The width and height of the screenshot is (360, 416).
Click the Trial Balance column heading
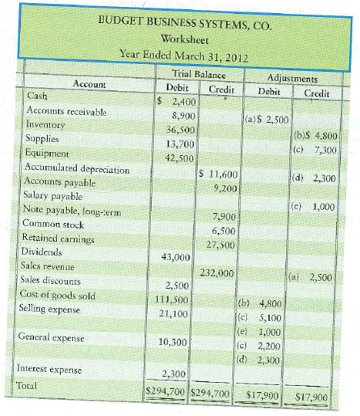click(x=198, y=75)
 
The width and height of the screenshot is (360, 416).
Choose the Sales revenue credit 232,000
click(x=217, y=272)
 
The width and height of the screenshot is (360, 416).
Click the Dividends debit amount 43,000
click(x=174, y=256)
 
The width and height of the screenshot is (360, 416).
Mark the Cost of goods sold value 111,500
click(x=173, y=299)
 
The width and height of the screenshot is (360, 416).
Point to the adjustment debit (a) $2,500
click(x=266, y=120)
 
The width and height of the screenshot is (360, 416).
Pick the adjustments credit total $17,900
click(x=310, y=399)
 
